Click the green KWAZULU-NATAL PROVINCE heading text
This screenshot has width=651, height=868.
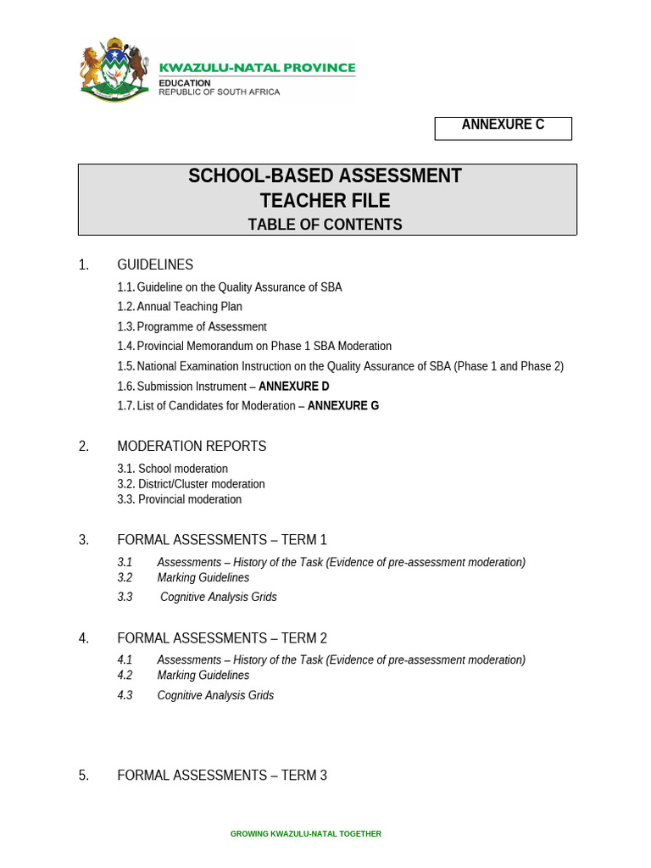(x=258, y=68)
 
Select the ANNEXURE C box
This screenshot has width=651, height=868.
(x=503, y=127)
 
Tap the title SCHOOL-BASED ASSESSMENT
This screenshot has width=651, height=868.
(x=325, y=176)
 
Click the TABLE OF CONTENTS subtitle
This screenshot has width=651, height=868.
(x=325, y=225)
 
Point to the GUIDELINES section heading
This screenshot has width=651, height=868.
(x=155, y=265)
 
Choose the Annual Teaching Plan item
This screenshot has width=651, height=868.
(x=189, y=307)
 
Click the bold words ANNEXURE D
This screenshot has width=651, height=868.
(x=293, y=387)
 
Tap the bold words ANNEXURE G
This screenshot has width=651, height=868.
(x=343, y=406)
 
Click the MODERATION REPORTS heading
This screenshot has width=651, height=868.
(x=192, y=447)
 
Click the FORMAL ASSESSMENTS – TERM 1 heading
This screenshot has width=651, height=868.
(x=222, y=540)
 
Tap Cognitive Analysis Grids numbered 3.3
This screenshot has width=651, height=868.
(x=218, y=597)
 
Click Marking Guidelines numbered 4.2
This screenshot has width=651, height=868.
(x=203, y=676)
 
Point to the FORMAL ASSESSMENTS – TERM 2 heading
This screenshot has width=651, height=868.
(x=222, y=638)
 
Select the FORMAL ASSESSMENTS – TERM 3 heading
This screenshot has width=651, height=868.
(x=222, y=776)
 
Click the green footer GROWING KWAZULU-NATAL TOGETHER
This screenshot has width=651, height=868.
(x=306, y=834)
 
